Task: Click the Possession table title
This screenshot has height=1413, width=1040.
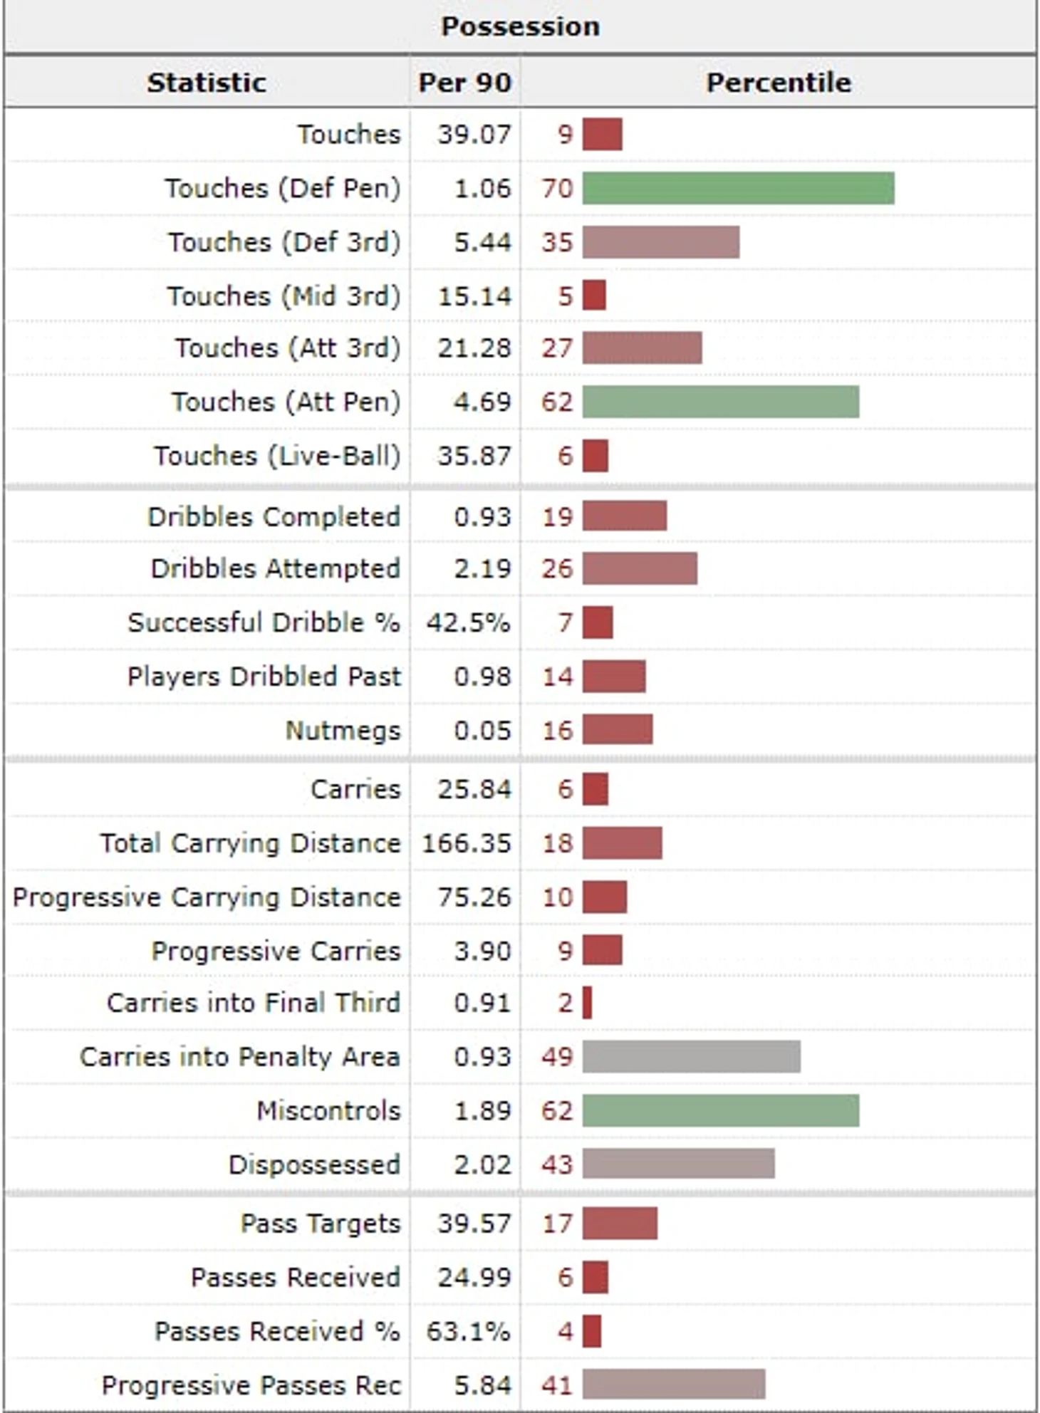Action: click(520, 26)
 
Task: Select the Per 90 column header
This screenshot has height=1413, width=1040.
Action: click(464, 83)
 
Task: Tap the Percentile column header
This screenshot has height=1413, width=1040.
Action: click(778, 83)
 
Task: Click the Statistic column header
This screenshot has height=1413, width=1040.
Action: click(207, 83)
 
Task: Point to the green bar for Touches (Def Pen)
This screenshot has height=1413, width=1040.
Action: click(738, 189)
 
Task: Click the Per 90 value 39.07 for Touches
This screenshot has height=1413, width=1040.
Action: click(474, 135)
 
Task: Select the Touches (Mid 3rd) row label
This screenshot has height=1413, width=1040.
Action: click(284, 296)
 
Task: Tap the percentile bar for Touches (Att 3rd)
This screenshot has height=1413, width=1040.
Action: click(642, 348)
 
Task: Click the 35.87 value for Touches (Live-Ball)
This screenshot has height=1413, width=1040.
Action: click(474, 456)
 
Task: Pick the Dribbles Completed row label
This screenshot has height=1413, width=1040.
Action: click(274, 516)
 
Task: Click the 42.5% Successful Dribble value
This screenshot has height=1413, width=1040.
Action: click(468, 622)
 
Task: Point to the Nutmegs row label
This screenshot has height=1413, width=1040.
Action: click(343, 730)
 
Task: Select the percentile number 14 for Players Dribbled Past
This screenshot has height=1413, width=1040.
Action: click(557, 676)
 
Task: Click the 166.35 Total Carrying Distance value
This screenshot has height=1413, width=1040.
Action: click(467, 843)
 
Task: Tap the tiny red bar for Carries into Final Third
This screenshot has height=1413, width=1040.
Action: click(587, 1003)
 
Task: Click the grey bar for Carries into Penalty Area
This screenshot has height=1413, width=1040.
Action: click(691, 1056)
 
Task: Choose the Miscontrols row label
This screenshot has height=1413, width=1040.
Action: click(328, 1110)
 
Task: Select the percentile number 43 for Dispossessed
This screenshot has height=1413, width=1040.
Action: click(557, 1164)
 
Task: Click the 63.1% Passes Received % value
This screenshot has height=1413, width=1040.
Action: click(468, 1331)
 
